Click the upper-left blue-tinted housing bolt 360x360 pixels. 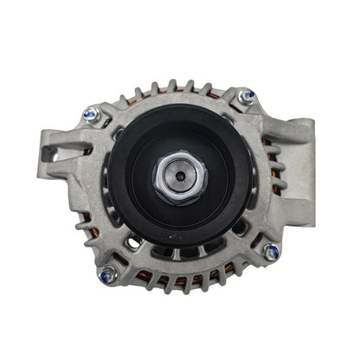pos(90,113)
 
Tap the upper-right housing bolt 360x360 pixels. pos(247,95)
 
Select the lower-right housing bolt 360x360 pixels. pos(271,253)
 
